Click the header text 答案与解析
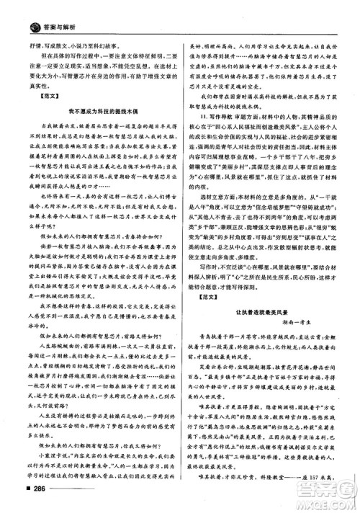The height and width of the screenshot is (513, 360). [x=45, y=9]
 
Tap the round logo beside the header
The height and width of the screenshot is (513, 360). [x=17, y=9]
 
